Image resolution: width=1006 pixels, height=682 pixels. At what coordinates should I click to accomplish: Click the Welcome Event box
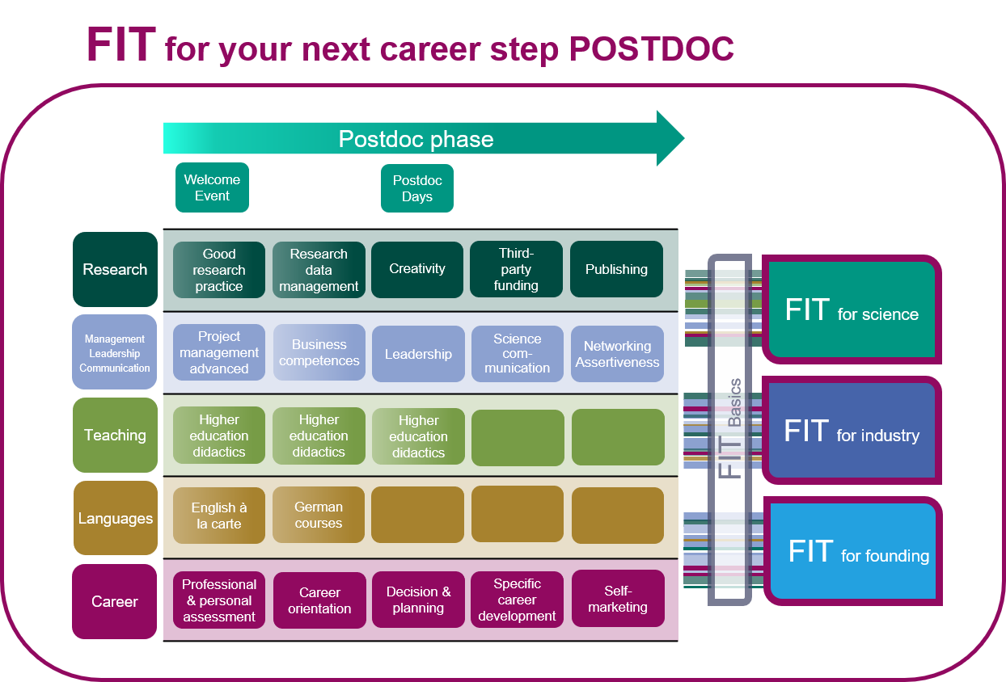pyautogui.click(x=212, y=187)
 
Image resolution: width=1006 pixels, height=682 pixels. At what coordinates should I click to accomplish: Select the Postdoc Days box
pyautogui.click(x=417, y=188)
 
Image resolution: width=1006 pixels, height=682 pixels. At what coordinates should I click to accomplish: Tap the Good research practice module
pyautogui.click(x=219, y=270)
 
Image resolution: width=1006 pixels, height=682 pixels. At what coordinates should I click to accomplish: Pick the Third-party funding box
pyautogui.click(x=516, y=269)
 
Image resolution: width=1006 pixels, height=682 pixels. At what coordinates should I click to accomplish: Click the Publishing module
pyautogui.click(x=617, y=269)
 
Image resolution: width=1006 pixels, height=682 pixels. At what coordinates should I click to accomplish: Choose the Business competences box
pyautogui.click(x=319, y=352)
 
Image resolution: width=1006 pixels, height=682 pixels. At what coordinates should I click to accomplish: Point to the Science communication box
pyautogui.click(x=518, y=354)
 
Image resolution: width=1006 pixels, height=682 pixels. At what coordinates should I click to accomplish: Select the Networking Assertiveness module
pyautogui.click(x=618, y=354)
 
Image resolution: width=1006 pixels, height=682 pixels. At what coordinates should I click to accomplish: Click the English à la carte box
pyautogui.click(x=219, y=516)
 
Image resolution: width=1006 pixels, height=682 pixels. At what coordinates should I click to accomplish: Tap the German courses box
pyautogui.click(x=319, y=515)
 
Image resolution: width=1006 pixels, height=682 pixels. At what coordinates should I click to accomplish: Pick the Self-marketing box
pyautogui.click(x=618, y=599)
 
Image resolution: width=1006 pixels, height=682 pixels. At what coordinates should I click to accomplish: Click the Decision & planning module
pyautogui.click(x=418, y=600)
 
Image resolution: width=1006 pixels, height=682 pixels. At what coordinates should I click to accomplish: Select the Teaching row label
pyautogui.click(x=115, y=435)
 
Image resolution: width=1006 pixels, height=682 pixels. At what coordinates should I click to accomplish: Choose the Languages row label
pyautogui.click(x=116, y=518)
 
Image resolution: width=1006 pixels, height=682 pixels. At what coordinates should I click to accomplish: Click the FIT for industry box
pyautogui.click(x=852, y=431)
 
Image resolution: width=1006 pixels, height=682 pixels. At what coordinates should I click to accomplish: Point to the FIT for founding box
pyautogui.click(x=853, y=551)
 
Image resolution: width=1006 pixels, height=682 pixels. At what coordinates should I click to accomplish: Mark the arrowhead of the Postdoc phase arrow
pyautogui.click(x=683, y=138)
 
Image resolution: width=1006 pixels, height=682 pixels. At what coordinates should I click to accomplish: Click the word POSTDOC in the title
pyautogui.click(x=651, y=48)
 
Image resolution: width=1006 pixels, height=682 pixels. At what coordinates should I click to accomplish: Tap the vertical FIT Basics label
pyautogui.click(x=729, y=428)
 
